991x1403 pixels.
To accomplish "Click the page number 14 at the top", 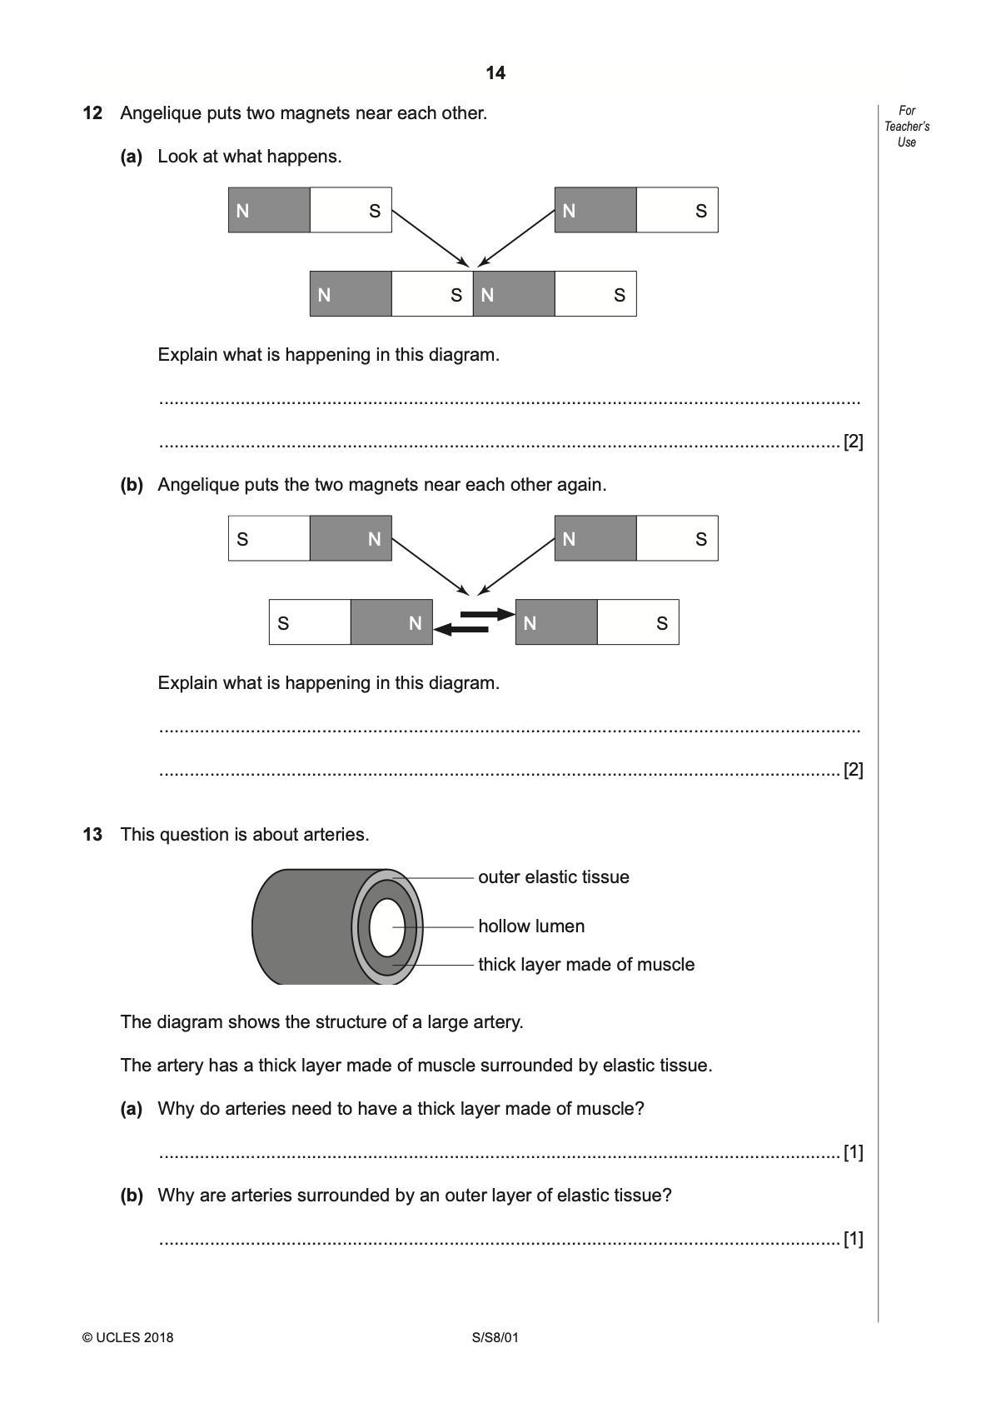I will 495,73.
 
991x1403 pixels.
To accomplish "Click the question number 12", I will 92,113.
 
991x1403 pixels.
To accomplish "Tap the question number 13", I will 92,835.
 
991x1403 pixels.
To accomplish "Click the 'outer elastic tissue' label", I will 553,877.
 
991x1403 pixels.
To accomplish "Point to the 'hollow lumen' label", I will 530,926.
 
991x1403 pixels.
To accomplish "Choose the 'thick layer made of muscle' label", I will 585,965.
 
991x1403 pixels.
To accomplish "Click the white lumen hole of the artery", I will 386,927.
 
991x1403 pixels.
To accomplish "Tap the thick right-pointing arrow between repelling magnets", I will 488,614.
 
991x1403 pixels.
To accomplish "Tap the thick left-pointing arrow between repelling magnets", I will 461,629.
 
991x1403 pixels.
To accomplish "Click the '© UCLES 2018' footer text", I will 128,1339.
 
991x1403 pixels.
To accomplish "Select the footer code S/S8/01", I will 495,1339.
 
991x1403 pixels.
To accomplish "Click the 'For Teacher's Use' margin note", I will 907,127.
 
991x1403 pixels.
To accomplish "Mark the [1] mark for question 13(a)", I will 853,1153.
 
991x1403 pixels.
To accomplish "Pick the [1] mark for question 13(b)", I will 853,1240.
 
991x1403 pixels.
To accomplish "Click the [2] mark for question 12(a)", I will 853,442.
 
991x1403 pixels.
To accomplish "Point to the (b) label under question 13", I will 132,1196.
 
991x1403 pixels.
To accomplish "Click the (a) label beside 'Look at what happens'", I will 132,157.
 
